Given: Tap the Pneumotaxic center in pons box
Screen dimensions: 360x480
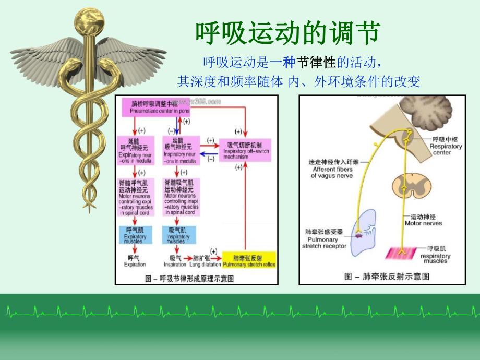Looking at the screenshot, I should pos(155,107).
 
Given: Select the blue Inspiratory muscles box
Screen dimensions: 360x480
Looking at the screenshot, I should pos(178,235).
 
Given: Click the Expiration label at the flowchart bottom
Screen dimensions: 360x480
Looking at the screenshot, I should pos(135,261).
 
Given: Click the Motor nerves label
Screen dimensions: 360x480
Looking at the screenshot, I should pos(423,220).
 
